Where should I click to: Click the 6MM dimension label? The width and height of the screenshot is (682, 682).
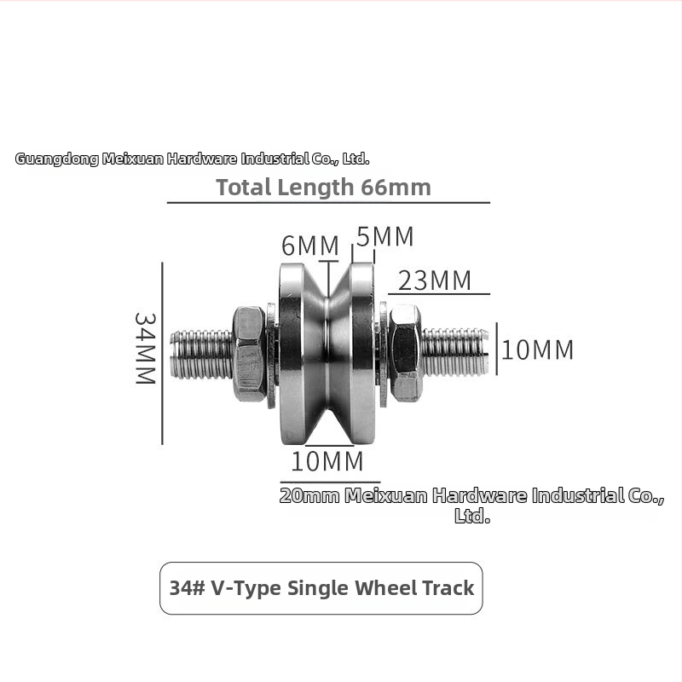(310, 246)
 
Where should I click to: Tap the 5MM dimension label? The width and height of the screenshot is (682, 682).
(385, 237)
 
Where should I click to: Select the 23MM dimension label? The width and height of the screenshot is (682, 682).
(435, 280)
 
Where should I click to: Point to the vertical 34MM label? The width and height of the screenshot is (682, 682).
(145, 349)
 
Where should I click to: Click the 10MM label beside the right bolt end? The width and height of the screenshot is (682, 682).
(538, 350)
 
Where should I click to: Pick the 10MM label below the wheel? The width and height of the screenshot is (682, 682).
(327, 461)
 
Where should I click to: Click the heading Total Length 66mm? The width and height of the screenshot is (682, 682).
(324, 187)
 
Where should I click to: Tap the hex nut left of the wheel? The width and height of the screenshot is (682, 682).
(249, 354)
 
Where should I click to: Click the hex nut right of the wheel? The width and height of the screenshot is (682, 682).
(406, 353)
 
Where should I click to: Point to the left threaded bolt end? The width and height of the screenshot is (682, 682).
(201, 355)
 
